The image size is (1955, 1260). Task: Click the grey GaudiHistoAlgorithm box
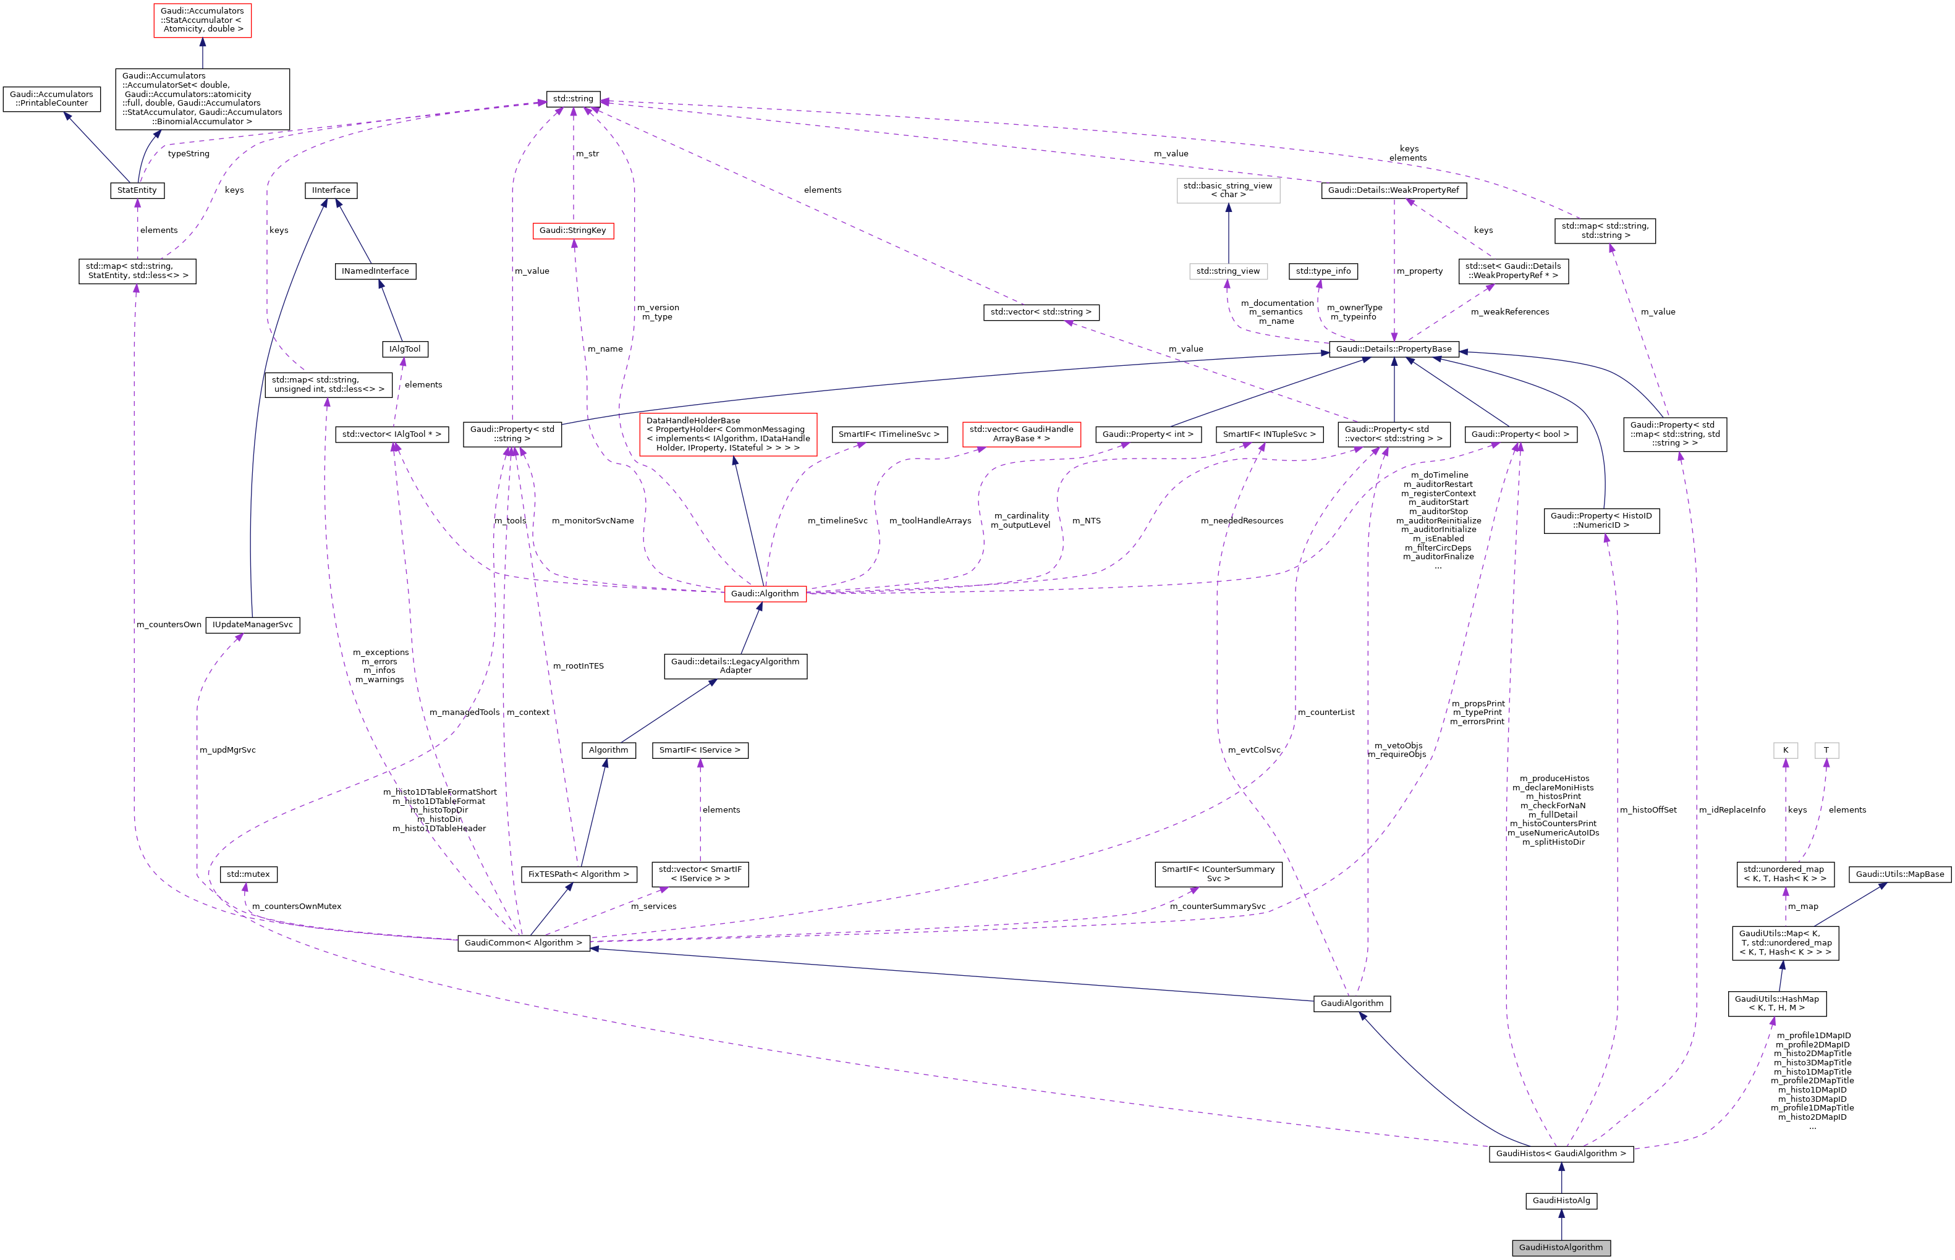click(1561, 1247)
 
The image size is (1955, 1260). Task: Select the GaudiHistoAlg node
click(1561, 1200)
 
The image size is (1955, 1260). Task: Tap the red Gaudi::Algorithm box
click(765, 593)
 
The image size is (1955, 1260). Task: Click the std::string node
click(573, 99)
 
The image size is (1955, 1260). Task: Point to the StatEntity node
click(137, 190)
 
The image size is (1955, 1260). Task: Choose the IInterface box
click(331, 190)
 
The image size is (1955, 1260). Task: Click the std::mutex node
click(248, 874)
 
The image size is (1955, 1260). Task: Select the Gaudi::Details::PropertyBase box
click(1393, 349)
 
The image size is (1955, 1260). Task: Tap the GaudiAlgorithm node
click(1351, 1003)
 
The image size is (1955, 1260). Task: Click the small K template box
click(1785, 750)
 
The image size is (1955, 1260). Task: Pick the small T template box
click(1826, 750)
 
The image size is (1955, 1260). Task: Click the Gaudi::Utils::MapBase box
click(1899, 874)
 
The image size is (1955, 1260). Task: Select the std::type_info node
click(1323, 271)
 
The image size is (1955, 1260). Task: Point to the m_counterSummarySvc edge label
click(1217, 906)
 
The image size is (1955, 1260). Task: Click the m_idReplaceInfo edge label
click(1732, 809)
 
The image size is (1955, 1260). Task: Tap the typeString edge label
click(189, 154)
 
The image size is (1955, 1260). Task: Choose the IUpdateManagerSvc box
click(252, 624)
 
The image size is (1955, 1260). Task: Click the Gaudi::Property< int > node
click(1147, 434)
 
